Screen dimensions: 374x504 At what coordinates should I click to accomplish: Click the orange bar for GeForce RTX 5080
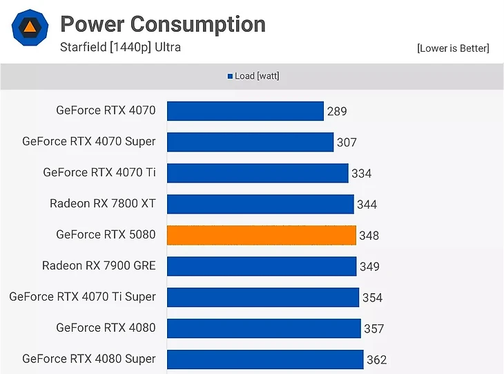262,235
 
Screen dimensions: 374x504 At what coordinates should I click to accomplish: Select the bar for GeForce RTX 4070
245,111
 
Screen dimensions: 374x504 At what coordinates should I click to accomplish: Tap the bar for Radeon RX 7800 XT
260,204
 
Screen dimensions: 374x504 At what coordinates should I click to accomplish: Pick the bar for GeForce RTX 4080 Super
265,359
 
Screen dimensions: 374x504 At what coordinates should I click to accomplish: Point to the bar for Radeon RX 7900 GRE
262,266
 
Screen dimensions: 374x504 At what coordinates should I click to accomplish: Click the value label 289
337,111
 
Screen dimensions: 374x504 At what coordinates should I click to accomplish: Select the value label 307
347,142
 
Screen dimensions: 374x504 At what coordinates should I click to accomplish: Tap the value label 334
362,174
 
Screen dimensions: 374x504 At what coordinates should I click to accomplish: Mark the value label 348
369,236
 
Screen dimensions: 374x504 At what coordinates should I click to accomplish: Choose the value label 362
377,360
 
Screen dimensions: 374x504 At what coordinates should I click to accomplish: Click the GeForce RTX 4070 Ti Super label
83,297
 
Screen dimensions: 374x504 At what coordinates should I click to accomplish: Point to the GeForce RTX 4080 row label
106,328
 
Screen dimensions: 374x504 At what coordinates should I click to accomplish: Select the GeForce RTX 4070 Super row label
89,141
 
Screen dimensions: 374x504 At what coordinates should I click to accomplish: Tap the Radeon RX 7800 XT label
103,203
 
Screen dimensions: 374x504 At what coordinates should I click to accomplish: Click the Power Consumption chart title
163,24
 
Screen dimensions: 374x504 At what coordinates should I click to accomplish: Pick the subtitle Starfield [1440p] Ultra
121,48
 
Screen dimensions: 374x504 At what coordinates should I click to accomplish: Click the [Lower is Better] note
453,48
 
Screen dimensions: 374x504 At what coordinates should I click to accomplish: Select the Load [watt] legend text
257,76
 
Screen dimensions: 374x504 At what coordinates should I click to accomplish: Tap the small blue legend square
230,77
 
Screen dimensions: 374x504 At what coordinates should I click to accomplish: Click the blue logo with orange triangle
30,28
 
